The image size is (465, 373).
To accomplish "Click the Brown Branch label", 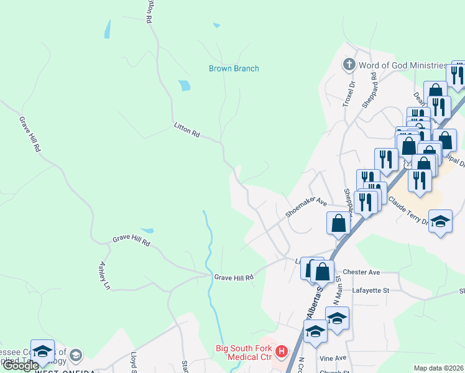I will (x=234, y=68).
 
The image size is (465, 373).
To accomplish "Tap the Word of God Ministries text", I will (x=403, y=65).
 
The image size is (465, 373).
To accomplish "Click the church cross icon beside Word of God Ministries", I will (x=349, y=65).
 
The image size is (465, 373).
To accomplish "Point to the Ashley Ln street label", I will (x=104, y=275).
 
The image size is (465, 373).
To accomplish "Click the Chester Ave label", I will (x=361, y=272).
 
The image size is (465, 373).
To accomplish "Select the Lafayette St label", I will (x=371, y=290).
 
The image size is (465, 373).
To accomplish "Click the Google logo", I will (x=21, y=366).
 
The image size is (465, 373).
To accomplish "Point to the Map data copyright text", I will (x=439, y=368).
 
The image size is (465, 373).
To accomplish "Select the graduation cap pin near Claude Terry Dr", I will (x=440, y=222).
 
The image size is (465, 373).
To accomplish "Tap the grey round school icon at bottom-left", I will (x=76, y=355).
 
